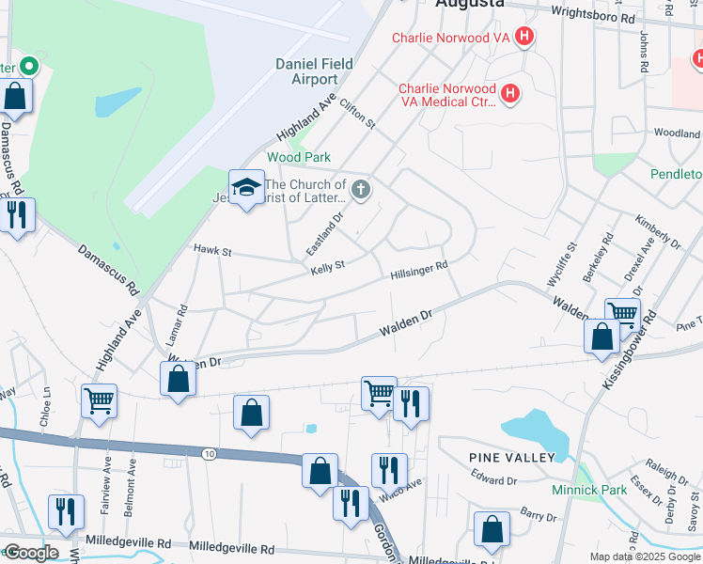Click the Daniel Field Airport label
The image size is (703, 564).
314,71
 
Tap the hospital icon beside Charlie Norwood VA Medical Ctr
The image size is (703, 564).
509,94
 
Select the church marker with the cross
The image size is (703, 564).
361,192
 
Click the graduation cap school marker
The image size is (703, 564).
246,187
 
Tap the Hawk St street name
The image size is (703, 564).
211,251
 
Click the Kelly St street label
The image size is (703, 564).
328,266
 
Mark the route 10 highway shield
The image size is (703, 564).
208,454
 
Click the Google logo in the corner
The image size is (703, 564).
30,552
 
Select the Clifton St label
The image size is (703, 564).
357,116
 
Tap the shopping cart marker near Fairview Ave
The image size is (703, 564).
99,401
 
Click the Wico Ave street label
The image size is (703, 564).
401,484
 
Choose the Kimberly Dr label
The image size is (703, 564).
657,231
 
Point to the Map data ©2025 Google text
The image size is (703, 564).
645,556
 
